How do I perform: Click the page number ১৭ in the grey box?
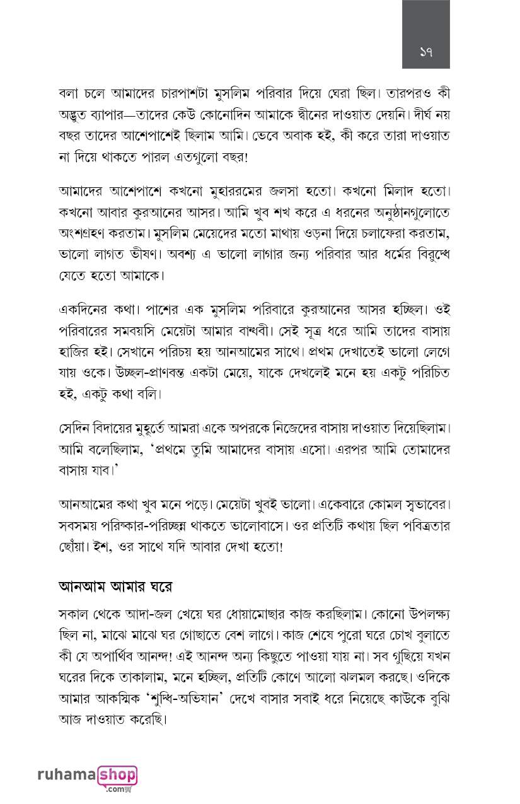426,51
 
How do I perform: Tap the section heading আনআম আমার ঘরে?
115,586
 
